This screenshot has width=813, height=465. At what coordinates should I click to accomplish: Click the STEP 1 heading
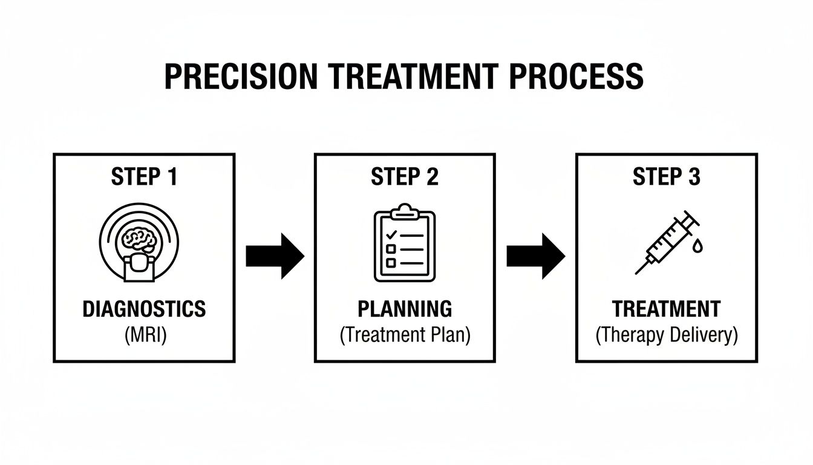click(144, 177)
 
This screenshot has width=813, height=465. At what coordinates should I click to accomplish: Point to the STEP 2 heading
click(405, 177)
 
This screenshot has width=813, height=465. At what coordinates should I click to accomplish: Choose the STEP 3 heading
click(666, 177)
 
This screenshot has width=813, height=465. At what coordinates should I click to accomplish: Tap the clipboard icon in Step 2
click(405, 245)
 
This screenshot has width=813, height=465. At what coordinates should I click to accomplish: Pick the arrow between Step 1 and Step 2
click(274, 256)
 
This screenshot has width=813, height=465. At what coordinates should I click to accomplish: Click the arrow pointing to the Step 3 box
click(535, 256)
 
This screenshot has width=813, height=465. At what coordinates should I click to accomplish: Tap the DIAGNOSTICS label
click(144, 309)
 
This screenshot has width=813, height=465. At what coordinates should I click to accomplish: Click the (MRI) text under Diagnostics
click(144, 334)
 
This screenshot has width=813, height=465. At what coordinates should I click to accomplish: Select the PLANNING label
click(405, 309)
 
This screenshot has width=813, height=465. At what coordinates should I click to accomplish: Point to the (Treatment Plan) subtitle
click(405, 335)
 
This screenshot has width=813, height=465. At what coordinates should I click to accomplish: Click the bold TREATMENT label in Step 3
click(666, 309)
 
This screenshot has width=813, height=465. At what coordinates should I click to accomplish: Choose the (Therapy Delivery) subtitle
click(666, 335)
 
